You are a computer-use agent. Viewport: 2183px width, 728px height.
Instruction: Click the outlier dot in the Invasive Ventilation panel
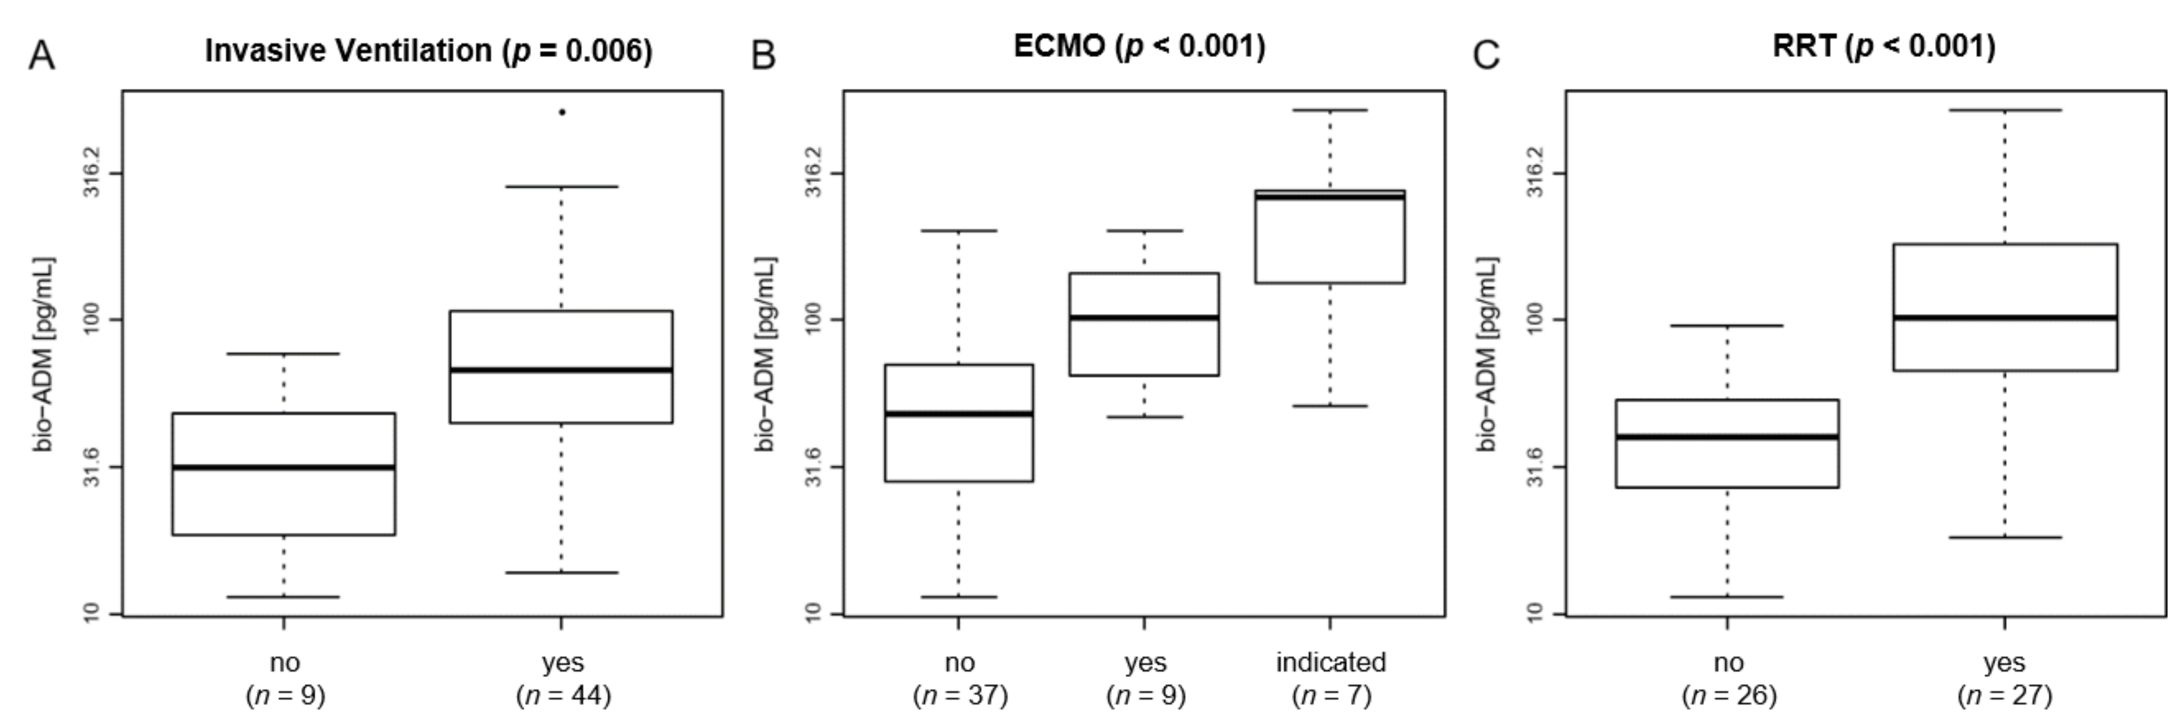[x=562, y=112]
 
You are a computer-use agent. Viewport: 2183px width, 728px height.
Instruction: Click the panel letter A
[x=42, y=56]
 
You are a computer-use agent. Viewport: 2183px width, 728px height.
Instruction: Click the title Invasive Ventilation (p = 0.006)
[x=429, y=51]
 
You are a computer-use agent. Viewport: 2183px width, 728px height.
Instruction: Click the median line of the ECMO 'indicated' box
[x=1330, y=196]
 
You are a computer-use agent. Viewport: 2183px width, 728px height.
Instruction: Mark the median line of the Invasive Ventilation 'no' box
[x=284, y=467]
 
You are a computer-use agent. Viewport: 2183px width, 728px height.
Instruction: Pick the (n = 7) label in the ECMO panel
[x=1331, y=696]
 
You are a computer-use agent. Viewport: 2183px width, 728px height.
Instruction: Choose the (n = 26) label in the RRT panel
[x=1729, y=696]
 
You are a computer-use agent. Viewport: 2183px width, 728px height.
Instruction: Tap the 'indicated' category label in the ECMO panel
[x=1331, y=662]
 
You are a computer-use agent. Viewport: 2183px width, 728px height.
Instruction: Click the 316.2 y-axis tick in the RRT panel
[x=1535, y=173]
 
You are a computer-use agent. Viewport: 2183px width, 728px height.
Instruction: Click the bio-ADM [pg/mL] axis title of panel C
[x=1487, y=354]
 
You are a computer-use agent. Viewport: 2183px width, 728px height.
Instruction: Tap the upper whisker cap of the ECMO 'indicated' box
[x=1330, y=110]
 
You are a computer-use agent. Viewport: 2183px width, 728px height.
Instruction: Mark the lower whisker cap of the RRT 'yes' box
[x=2005, y=537]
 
